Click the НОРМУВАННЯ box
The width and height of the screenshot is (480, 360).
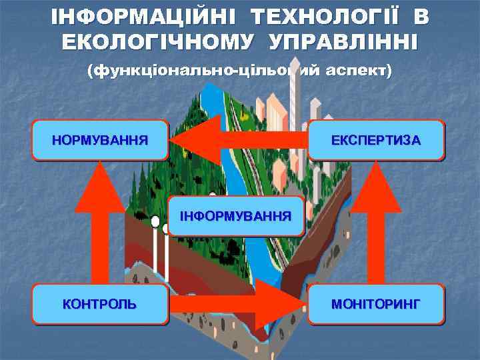click(x=100, y=140)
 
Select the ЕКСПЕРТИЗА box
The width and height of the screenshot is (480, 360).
click(x=376, y=140)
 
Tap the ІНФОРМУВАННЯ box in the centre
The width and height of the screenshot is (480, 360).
click(x=236, y=216)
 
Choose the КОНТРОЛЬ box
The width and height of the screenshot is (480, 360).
click(x=100, y=304)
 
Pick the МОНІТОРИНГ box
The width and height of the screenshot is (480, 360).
click(x=376, y=304)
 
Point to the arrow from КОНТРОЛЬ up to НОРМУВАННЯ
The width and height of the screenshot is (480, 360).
click(x=100, y=223)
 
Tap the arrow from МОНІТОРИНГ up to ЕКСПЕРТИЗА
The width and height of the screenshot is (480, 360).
click(x=376, y=223)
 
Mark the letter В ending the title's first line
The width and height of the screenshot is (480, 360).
click(x=419, y=16)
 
